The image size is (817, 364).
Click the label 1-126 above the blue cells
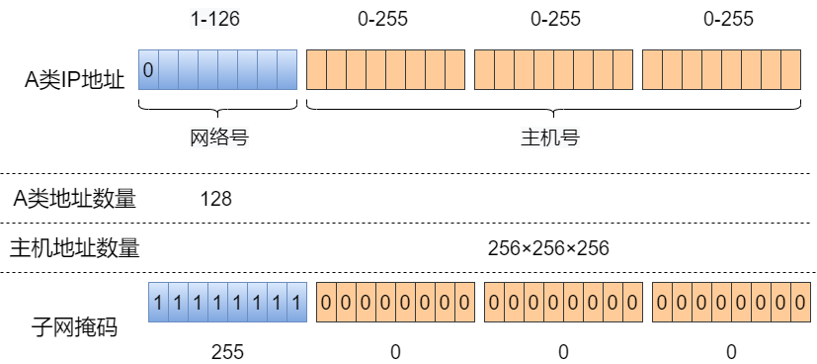tap(214, 19)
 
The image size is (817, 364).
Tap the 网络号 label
tap(218, 138)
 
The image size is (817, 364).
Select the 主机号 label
tap(549, 138)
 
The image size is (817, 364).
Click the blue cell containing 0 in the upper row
tap(148, 70)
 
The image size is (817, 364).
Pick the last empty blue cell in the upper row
tap(286, 70)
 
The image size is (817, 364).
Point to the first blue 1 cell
tap(158, 302)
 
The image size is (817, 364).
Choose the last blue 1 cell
tap(296, 302)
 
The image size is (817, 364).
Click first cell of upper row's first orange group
tap(316, 70)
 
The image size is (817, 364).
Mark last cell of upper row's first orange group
tap(454, 70)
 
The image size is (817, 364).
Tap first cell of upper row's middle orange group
tap(484, 70)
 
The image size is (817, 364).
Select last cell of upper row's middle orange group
tap(622, 70)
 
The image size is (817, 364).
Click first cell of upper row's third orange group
tap(652, 70)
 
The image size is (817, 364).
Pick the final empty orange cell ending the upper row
tap(790, 70)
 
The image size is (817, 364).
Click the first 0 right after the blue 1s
tap(326, 302)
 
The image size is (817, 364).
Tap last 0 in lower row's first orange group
tap(464, 302)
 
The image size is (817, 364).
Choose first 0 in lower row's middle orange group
tap(494, 302)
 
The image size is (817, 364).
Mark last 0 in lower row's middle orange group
tap(632, 302)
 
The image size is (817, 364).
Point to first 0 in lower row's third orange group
tap(662, 302)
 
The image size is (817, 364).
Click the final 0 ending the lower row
tap(800, 302)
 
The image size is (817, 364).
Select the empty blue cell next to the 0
tap(168, 70)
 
